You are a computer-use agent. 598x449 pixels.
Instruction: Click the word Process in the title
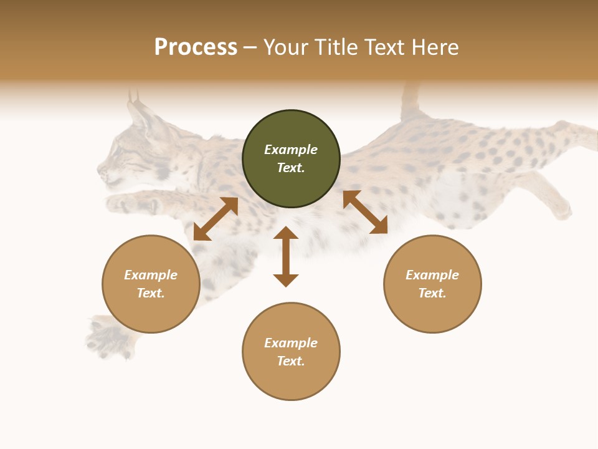(196, 47)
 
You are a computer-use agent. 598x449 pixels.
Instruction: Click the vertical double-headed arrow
(286, 256)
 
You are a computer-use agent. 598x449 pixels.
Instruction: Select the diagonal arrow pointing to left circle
(216, 219)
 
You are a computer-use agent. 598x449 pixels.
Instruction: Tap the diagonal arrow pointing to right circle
(365, 212)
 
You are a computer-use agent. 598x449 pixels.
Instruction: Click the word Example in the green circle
(291, 150)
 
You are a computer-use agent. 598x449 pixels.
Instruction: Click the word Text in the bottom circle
(290, 361)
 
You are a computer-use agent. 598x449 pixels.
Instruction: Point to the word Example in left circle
(151, 275)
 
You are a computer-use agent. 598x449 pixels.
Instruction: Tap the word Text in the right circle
(432, 293)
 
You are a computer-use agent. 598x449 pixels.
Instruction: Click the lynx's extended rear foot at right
(561, 209)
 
